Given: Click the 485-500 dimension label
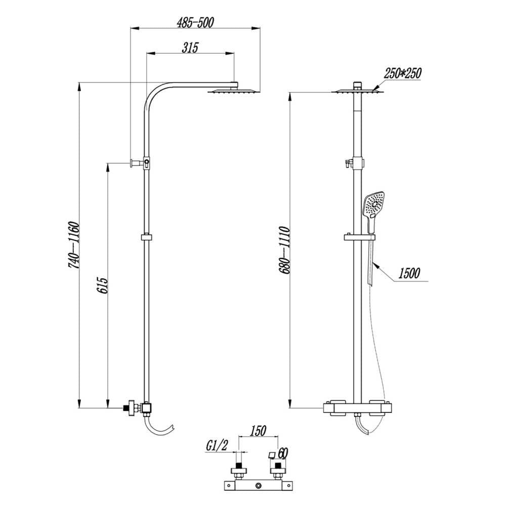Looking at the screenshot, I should [x=195, y=23].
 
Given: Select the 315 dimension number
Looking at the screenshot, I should [x=190, y=48].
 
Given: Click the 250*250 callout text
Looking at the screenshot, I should [x=402, y=73].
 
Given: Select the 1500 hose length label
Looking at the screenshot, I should [x=409, y=274].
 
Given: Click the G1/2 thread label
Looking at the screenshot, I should [x=217, y=445].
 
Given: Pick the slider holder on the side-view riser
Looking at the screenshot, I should [x=147, y=237].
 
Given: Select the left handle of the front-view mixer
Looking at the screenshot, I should [x=334, y=407].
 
